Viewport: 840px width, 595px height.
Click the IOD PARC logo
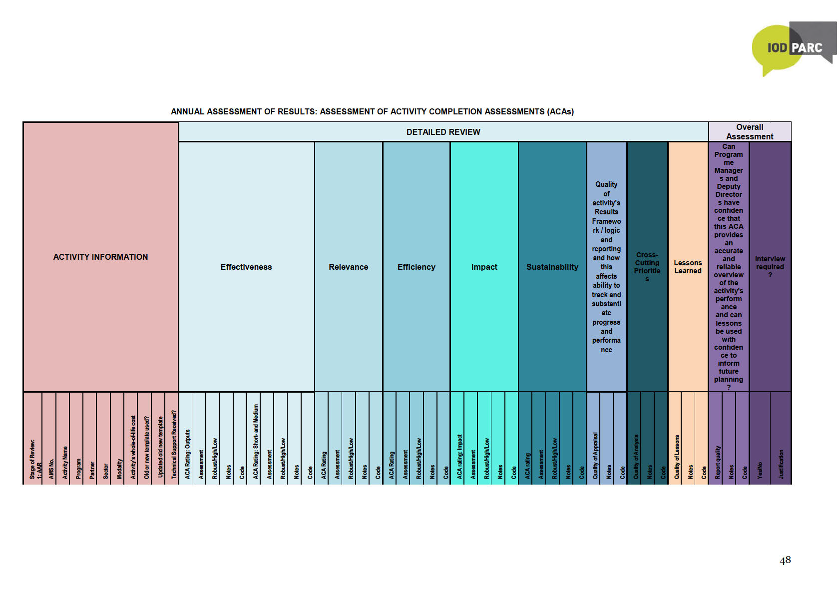click(794, 48)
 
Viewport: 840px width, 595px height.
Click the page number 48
click(785, 560)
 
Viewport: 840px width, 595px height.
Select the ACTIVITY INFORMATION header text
click(100, 257)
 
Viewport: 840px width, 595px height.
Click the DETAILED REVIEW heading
click(443, 132)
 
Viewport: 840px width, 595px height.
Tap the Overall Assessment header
click(749, 132)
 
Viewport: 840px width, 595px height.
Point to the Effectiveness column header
click(246, 267)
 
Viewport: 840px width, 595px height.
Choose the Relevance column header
click(348, 267)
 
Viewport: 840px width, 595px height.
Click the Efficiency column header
click(416, 267)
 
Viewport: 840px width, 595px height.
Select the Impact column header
click(484, 267)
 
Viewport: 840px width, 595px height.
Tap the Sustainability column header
click(552, 267)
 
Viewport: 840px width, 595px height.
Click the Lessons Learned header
click(688, 267)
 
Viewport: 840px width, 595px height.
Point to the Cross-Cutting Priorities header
click(647, 267)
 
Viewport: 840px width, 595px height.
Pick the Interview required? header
click(770, 267)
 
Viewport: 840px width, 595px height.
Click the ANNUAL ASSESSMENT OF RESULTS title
click(372, 111)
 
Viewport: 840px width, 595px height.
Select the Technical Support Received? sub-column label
click(174, 445)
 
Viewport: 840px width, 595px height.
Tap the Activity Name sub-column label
click(65, 463)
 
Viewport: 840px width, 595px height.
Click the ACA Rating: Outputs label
click(188, 454)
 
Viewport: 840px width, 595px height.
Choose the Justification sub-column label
click(781, 464)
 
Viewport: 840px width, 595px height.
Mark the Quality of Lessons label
click(677, 457)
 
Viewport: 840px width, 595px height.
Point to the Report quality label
click(718, 463)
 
